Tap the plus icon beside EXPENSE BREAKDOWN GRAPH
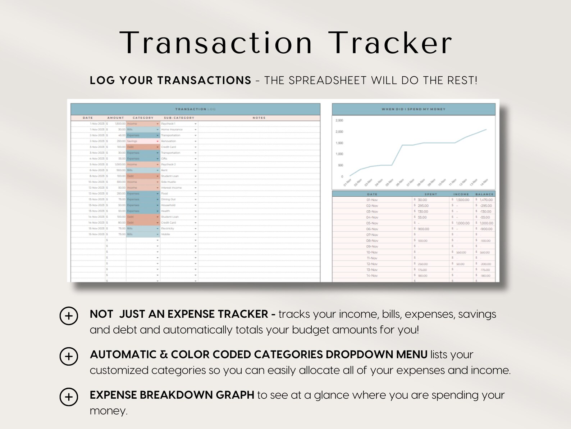tap(69, 397)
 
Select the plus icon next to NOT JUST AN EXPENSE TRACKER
tap(69, 316)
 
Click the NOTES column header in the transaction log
tap(259, 118)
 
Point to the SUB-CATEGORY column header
tap(179, 118)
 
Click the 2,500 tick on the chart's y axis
tap(339, 120)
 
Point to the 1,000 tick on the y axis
tap(339, 154)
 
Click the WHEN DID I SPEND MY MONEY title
tap(414, 109)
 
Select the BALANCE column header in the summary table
tap(484, 194)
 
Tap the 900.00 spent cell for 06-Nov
tap(423, 229)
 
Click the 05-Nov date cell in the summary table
tap(372, 223)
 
